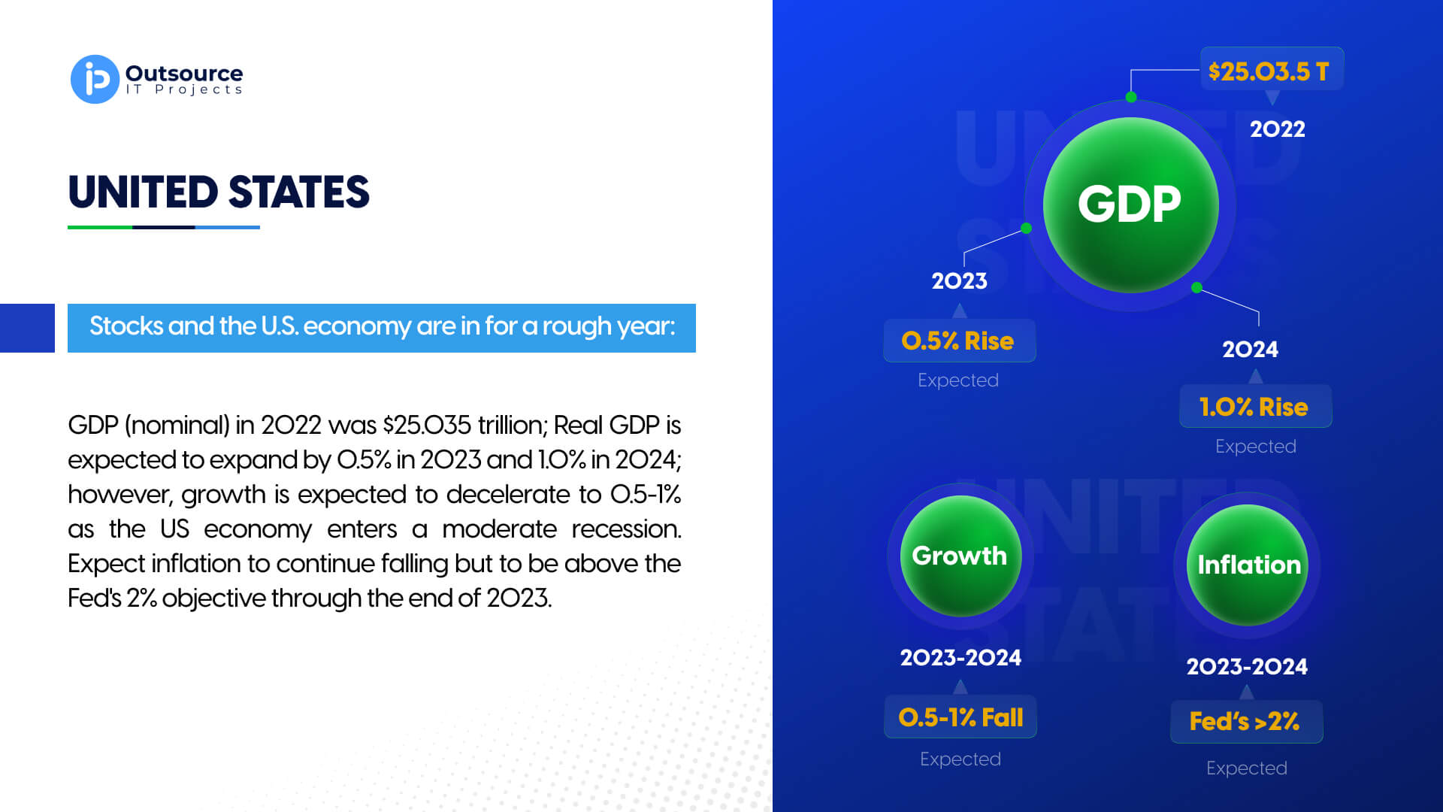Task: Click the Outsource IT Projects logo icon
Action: [95, 79]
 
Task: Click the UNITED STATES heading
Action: [219, 192]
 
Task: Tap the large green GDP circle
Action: [1130, 205]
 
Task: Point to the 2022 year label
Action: [1277, 129]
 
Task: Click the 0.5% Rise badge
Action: [959, 341]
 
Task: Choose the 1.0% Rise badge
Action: [1255, 406]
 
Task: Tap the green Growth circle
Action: [960, 556]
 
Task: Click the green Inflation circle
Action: [1248, 565]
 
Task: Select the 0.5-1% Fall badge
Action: [960, 717]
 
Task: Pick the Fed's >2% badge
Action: [1246, 722]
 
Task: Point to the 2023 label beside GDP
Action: [959, 280]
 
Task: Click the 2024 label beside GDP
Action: [1250, 349]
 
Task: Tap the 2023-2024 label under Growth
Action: [960, 657]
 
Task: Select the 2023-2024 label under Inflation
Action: [1247, 666]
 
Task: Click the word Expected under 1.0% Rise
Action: [1255, 446]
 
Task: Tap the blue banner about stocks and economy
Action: [382, 328]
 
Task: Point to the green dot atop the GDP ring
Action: [1131, 97]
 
